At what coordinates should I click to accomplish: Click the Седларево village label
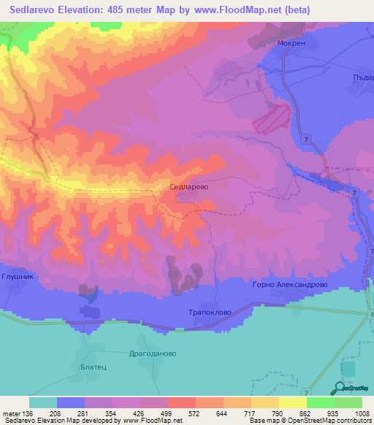point(189,187)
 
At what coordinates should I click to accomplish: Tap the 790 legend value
point(278,413)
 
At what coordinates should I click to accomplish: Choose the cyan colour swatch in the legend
point(43,402)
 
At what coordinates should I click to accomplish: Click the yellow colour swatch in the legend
point(293,402)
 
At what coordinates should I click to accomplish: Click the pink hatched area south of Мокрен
point(272,118)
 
